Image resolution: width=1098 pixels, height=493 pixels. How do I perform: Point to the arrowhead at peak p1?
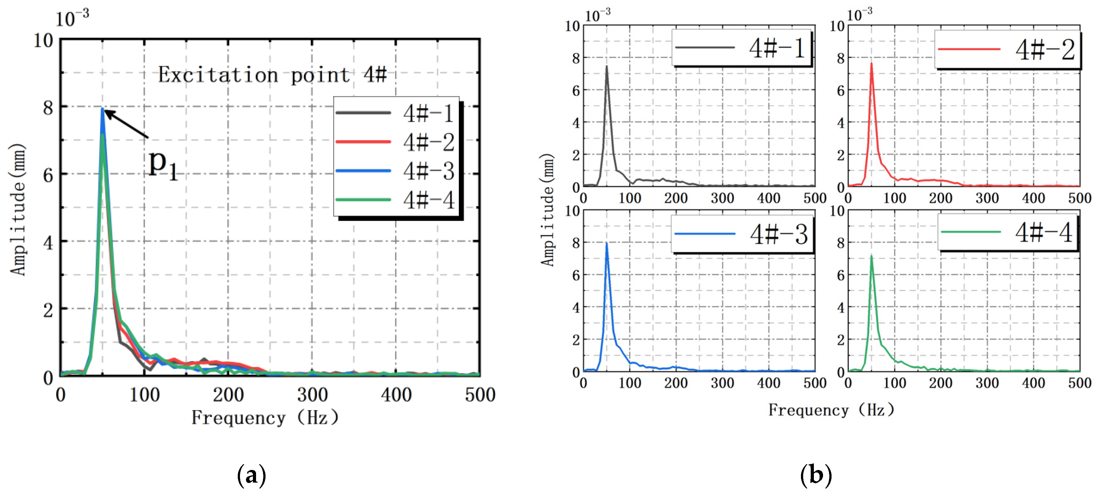[107, 113]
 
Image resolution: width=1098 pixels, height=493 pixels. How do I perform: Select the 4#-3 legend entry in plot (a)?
[395, 171]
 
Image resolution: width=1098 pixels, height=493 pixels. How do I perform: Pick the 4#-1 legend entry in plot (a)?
[395, 113]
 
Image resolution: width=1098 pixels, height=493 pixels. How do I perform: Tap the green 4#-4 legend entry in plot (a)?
[395, 200]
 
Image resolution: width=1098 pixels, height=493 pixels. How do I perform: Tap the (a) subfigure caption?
[252, 475]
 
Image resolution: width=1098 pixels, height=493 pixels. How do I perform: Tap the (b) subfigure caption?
[816, 475]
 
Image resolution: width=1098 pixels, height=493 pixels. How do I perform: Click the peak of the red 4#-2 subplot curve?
[871, 64]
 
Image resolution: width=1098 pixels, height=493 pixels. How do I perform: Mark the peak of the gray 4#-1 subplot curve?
[606, 67]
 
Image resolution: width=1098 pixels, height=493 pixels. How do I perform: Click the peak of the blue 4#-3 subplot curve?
[606, 244]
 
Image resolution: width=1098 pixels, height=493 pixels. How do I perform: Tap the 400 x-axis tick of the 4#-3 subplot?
[768, 383]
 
